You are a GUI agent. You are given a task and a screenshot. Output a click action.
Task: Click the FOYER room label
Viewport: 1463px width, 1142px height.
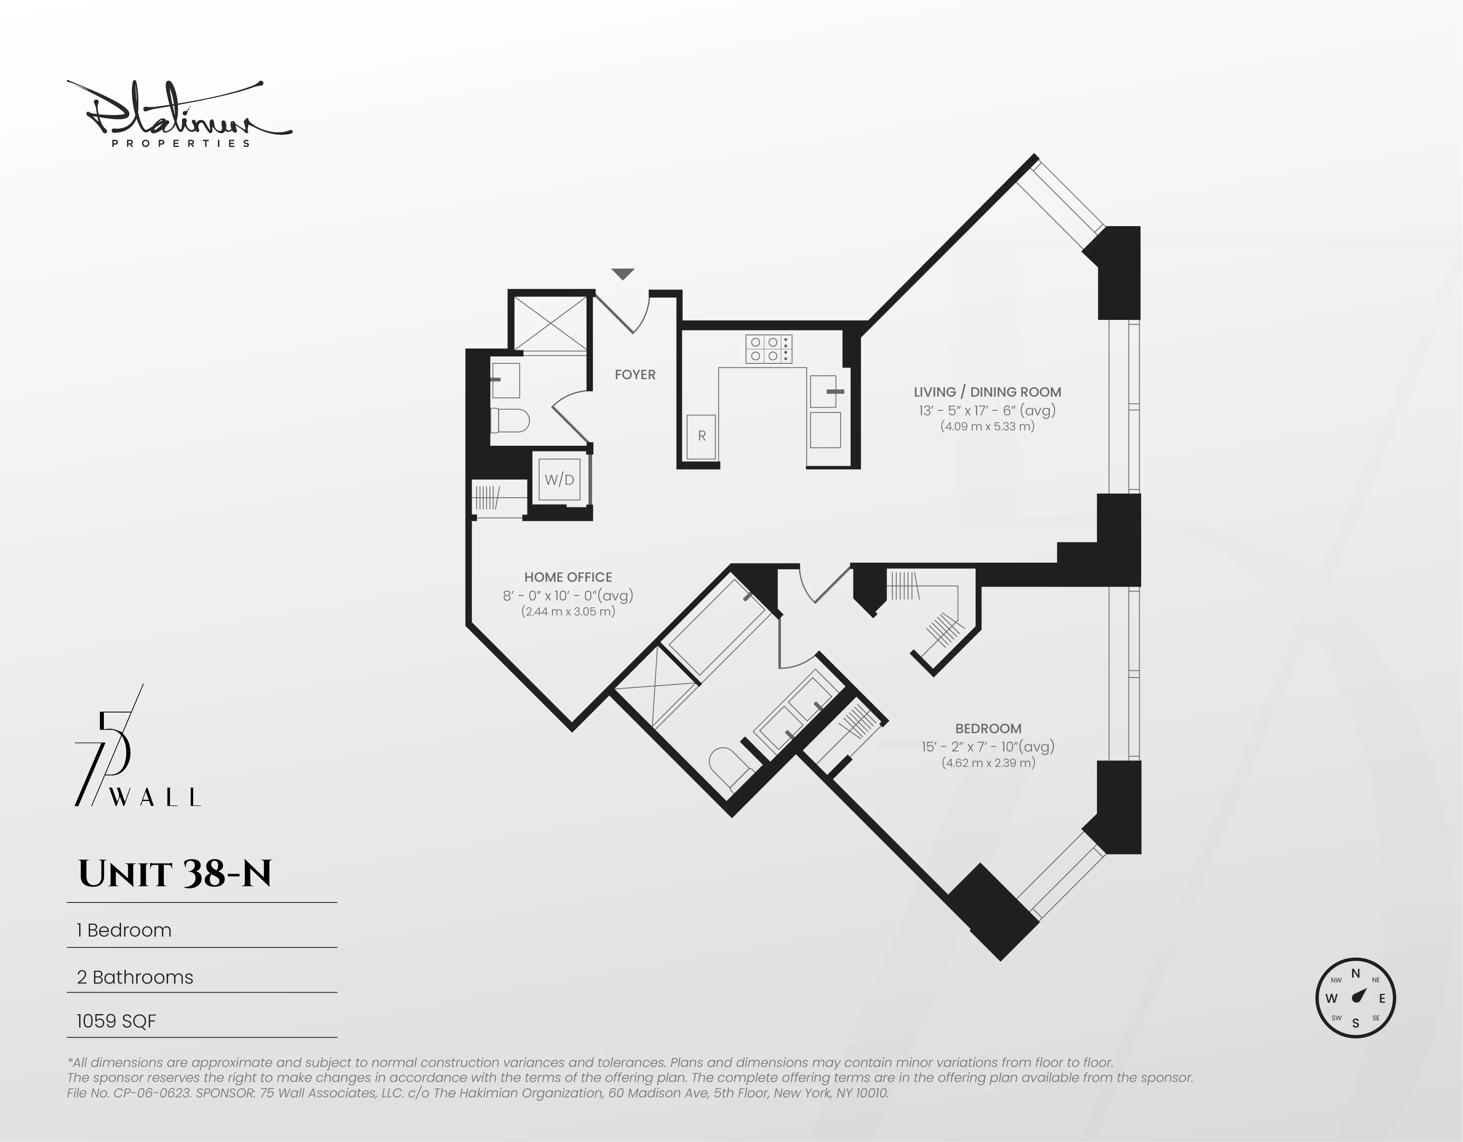coord(635,375)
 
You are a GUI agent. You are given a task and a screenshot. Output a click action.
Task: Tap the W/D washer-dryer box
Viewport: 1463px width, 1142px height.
coord(559,479)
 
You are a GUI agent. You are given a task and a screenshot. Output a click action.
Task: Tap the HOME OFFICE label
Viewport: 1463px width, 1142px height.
coord(568,577)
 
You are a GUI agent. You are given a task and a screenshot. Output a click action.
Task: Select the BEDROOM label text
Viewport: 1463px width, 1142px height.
coord(988,728)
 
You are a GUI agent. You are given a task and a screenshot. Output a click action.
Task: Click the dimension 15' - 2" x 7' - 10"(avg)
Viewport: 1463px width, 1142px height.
coord(988,746)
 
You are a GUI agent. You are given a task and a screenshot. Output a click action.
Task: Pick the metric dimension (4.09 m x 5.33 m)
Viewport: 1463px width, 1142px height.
coord(987,426)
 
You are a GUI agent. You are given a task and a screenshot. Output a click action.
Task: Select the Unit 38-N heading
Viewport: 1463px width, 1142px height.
coord(175,874)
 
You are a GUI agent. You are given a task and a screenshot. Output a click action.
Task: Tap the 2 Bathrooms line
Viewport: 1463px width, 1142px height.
coord(135,977)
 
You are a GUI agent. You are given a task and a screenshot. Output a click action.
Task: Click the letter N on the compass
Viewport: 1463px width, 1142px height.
coord(1355,974)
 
